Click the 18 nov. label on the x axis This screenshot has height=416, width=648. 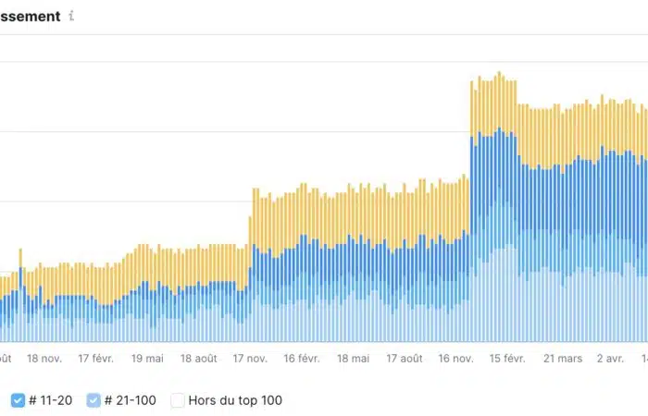44,358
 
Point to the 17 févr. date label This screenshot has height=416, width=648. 96,358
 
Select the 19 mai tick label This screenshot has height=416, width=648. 148,358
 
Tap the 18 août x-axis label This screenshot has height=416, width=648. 199,358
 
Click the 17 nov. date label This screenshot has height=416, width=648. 250,358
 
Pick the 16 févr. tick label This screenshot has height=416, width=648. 302,358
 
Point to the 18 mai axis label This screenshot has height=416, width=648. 354,358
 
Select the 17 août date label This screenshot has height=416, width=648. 405,358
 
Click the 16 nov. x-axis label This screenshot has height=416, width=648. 456,358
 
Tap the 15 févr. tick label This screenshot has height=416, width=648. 508,358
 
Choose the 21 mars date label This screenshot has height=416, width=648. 563,358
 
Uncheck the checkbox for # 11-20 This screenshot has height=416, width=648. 19,400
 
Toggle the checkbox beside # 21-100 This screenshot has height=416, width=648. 93,400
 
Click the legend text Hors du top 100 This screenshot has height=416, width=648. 235,400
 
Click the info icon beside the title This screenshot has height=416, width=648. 72,16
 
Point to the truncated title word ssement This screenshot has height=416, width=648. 31,16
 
